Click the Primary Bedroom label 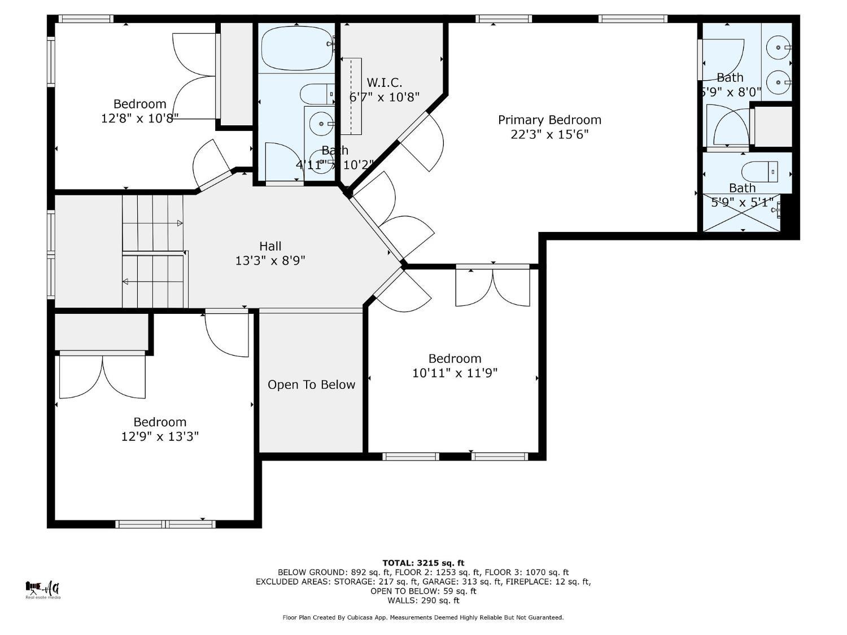pyautogui.click(x=549, y=120)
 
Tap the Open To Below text pyautogui.click(x=311, y=384)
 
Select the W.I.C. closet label pyautogui.click(x=384, y=83)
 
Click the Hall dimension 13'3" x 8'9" pyautogui.click(x=270, y=261)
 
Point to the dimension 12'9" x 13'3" pyautogui.click(x=160, y=436)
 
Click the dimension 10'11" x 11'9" pyautogui.click(x=455, y=373)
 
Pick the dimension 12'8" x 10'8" pyautogui.click(x=139, y=118)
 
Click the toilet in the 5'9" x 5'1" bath pyautogui.click(x=759, y=170)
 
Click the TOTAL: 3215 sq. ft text pyautogui.click(x=423, y=563)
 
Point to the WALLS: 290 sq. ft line pyautogui.click(x=423, y=601)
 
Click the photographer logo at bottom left pyautogui.click(x=43, y=589)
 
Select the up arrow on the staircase pyautogui.click(x=180, y=224)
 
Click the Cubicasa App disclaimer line pyautogui.click(x=423, y=618)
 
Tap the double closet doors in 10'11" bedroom pyautogui.click(x=492, y=287)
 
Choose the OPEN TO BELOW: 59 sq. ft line pyautogui.click(x=423, y=591)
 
